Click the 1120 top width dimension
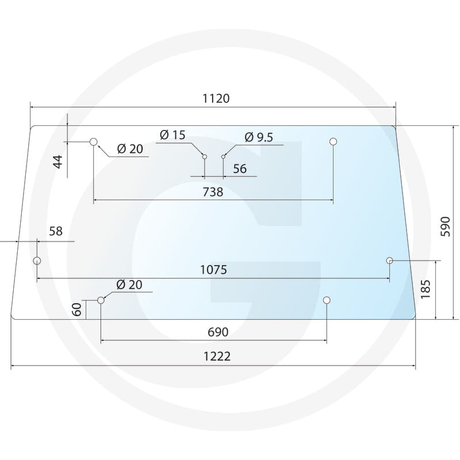coord(216,98)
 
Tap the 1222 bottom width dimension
coord(217,356)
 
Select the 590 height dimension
coord(445,227)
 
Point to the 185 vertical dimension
coord(425,289)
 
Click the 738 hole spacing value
coord(213,192)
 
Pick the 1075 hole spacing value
coord(213,270)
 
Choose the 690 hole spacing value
coord(218,332)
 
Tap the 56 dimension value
coord(240,168)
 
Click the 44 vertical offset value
coord(58,162)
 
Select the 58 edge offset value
coord(56,231)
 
